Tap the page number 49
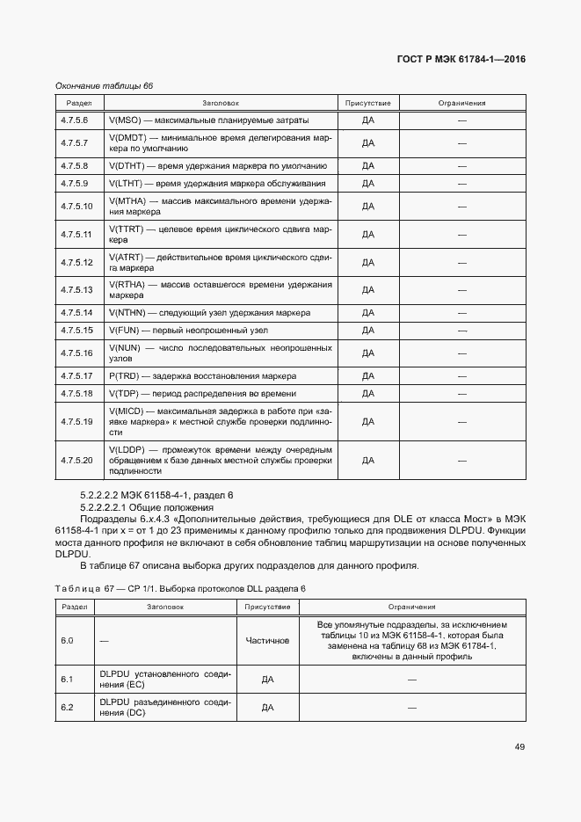[519, 746]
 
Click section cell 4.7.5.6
[75, 120]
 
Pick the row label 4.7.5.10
[76, 206]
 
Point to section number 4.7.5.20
[76, 459]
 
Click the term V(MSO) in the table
[124, 120]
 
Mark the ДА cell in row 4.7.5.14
[368, 313]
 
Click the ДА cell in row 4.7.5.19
[368, 421]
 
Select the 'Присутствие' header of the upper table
[368, 103]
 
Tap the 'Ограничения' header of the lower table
[412, 607]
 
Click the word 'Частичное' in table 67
[268, 640]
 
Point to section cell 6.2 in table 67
[67, 707]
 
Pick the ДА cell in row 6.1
[268, 679]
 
